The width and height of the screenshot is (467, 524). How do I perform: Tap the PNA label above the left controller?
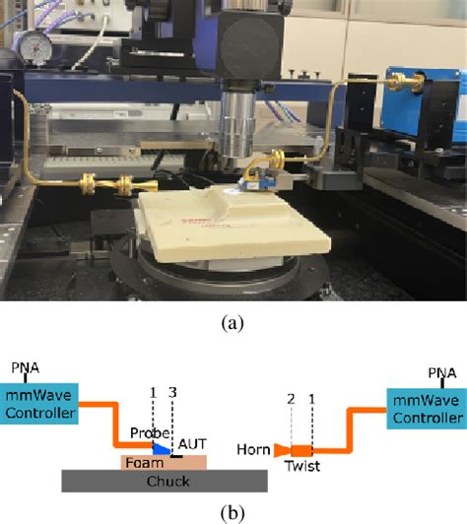tap(26, 368)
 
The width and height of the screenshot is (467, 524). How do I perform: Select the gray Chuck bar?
tap(164, 481)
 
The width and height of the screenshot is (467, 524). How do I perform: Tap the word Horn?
tap(253, 449)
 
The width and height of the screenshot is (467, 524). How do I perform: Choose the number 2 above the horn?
tap(291, 399)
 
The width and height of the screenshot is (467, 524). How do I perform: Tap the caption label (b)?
tap(233, 511)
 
